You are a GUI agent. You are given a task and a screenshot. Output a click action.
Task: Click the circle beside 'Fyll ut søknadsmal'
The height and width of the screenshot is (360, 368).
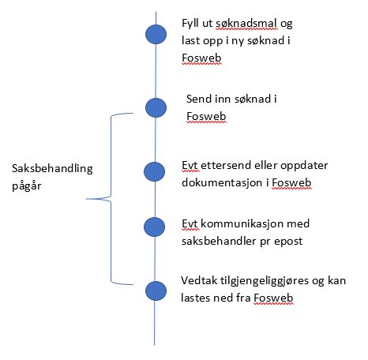point(156,34)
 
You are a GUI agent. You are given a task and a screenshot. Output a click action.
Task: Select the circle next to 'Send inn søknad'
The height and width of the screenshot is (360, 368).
point(156,107)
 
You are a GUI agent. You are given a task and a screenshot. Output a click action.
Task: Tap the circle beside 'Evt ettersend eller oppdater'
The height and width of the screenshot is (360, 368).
point(155,171)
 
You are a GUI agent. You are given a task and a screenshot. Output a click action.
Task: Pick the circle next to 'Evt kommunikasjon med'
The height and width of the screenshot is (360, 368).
point(155,227)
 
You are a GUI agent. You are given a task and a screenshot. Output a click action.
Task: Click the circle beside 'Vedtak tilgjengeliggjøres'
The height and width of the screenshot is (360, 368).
point(156,291)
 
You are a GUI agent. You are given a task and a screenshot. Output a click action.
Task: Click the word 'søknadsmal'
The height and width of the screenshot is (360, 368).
point(246,23)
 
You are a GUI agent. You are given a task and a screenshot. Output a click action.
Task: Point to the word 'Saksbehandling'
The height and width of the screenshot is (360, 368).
point(52,169)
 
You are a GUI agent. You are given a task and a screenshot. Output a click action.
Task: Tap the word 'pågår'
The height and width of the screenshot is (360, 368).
point(27,186)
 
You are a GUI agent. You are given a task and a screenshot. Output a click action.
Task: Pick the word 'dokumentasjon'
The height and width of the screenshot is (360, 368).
point(222,182)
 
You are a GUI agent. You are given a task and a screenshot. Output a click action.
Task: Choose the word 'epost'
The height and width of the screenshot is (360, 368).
point(288,242)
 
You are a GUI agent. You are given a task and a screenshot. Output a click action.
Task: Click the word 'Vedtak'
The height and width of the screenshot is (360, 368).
point(199,280)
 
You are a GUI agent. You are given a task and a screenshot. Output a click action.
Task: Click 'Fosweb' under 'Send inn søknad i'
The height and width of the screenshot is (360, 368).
point(206,116)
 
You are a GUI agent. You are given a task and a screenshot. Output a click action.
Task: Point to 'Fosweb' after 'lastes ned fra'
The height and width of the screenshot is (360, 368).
point(273,298)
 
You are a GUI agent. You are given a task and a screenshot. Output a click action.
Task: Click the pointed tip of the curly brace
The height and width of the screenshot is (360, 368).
point(86,199)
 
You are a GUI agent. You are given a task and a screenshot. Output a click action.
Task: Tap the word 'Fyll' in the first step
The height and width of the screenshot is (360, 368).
point(190,24)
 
